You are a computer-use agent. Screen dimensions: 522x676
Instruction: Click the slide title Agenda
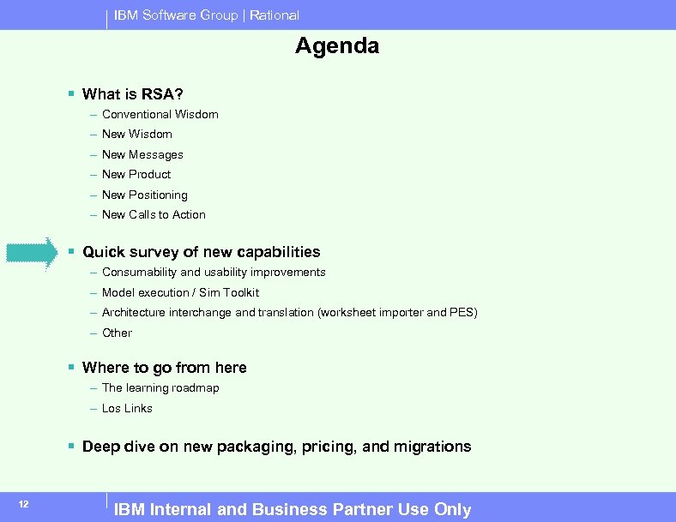[337, 46]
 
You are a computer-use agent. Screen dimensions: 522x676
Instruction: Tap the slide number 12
[24, 504]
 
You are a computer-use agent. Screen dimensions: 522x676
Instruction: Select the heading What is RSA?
[133, 94]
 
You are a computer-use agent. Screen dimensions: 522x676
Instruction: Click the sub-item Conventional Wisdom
[160, 114]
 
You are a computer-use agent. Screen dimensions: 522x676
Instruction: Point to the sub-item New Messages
[142, 154]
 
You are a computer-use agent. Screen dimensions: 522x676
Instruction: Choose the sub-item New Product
[136, 174]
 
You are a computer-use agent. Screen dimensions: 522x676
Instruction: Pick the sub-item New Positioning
[144, 195]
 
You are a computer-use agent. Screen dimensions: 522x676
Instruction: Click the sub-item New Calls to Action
[154, 214]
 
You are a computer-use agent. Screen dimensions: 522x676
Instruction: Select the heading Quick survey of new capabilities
[201, 252]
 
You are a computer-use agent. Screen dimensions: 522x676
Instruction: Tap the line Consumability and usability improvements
[214, 272]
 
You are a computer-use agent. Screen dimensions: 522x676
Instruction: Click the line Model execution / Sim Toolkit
[180, 292]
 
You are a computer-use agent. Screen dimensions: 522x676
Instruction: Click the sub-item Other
[117, 333]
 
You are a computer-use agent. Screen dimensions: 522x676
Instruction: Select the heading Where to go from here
[164, 368]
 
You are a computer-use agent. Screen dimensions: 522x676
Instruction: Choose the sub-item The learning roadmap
[160, 387]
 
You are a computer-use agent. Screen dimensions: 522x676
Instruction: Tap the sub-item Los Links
[127, 408]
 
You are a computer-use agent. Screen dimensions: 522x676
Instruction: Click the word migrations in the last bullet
[433, 447]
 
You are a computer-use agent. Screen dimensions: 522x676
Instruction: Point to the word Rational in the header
[275, 15]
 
